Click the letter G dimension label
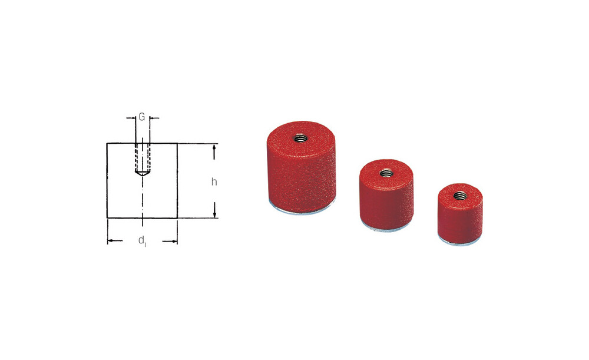[x=142, y=117]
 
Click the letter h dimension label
[x=214, y=182]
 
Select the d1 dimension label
[x=143, y=240]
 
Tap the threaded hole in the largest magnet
[x=300, y=138]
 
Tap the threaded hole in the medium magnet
[x=386, y=173]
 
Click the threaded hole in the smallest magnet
[x=460, y=196]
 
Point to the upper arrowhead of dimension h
[x=214, y=148]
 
